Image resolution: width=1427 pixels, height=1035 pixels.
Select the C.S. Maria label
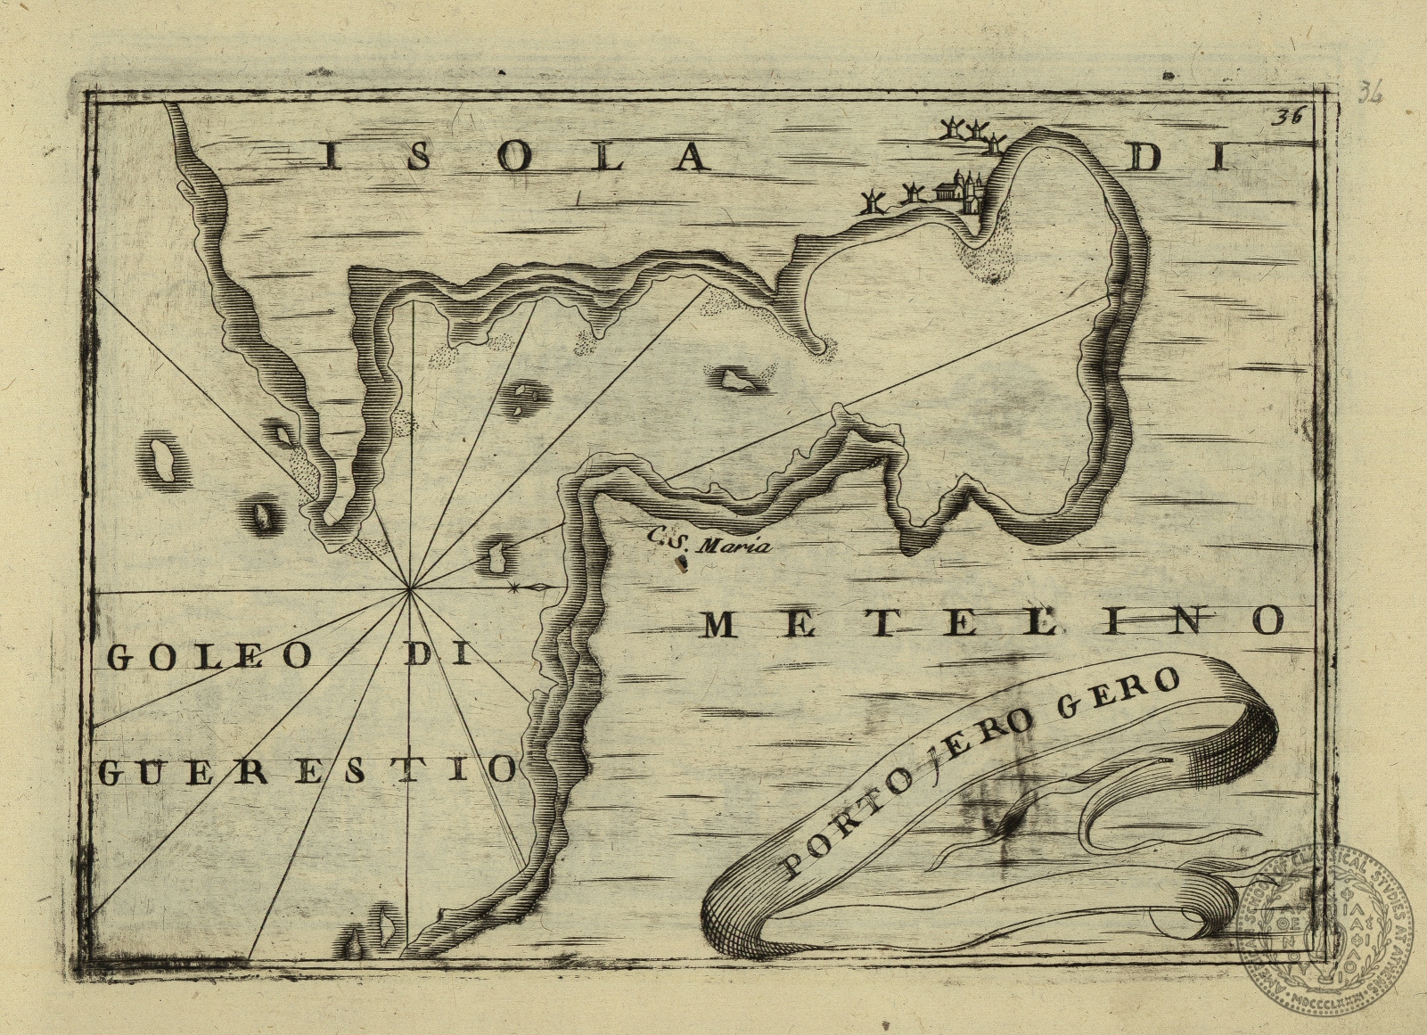(x=710, y=543)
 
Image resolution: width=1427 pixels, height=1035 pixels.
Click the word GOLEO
(x=209, y=657)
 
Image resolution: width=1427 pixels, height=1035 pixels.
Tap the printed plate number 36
(x=1288, y=116)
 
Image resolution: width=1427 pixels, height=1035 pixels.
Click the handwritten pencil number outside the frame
(x=1370, y=92)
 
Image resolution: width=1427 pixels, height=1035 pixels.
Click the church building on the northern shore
(x=959, y=190)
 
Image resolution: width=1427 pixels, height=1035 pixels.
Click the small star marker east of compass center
(x=515, y=587)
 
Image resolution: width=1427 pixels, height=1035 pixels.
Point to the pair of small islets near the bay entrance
(x=527, y=398)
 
